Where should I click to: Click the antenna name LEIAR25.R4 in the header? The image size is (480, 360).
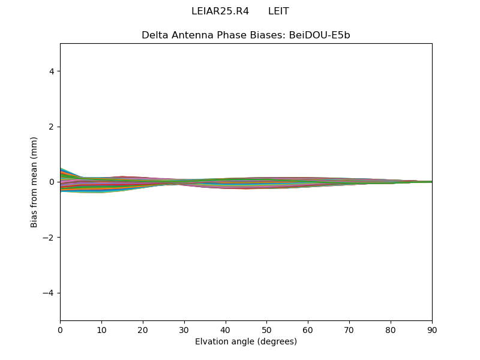[x=220, y=11]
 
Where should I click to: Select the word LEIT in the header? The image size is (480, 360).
[x=278, y=11]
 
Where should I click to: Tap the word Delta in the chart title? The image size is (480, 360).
[x=154, y=35]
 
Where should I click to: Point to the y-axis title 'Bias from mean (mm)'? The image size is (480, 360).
[x=34, y=182]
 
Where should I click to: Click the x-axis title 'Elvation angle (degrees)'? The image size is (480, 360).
[x=246, y=342]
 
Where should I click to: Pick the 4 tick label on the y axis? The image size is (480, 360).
[x=52, y=71]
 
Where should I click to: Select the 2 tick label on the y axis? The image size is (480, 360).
[x=52, y=127]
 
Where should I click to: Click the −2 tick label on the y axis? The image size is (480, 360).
[x=49, y=238]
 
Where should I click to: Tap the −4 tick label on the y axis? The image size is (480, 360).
[x=49, y=293]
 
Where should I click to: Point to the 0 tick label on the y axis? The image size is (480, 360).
[x=52, y=182]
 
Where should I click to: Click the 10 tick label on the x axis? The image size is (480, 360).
[x=101, y=329]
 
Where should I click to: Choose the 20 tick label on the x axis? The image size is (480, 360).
[x=143, y=329]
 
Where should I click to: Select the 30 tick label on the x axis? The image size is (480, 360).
[x=184, y=329]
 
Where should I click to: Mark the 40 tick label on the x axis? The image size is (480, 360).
[x=226, y=329]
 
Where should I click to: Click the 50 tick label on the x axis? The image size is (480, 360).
[x=266, y=329]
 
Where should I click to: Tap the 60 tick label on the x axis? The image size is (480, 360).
[x=308, y=329]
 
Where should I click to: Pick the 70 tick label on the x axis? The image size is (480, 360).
[x=349, y=329]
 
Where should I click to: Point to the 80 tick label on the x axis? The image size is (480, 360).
[x=391, y=329]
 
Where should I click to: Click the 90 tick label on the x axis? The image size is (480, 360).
[x=432, y=329]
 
